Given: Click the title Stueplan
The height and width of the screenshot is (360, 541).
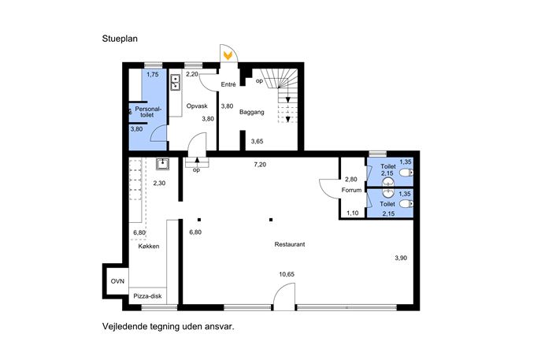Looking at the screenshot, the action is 120,39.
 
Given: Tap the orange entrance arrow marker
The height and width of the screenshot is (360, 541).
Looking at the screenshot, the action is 228,55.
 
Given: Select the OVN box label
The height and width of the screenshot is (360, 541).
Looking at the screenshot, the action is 117,281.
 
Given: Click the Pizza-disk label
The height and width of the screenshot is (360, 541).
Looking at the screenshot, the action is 147,296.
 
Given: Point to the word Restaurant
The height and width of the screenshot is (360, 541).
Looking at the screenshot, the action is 290,244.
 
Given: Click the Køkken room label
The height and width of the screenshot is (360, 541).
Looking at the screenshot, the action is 149,247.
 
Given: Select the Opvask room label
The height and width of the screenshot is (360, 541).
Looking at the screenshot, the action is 197,106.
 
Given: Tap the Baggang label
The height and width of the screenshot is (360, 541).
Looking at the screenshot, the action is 251,112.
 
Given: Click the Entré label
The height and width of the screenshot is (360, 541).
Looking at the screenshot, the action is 228,84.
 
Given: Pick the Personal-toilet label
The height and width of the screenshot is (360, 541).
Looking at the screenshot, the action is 148,112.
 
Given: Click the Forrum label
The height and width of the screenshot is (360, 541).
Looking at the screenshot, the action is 351,190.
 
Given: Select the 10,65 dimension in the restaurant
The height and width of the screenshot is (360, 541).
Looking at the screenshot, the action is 287,274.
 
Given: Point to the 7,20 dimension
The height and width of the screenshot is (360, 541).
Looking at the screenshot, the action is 260,165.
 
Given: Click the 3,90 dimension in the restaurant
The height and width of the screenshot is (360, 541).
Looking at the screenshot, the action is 401,258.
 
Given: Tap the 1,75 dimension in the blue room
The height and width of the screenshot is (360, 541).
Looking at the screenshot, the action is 153,74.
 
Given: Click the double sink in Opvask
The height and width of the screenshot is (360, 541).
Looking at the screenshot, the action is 176,82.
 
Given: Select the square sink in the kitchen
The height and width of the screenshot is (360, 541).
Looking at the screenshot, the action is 162,164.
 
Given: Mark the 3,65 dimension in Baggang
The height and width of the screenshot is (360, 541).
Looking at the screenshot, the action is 257,141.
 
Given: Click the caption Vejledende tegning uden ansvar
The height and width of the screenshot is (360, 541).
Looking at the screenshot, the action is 168,326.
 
